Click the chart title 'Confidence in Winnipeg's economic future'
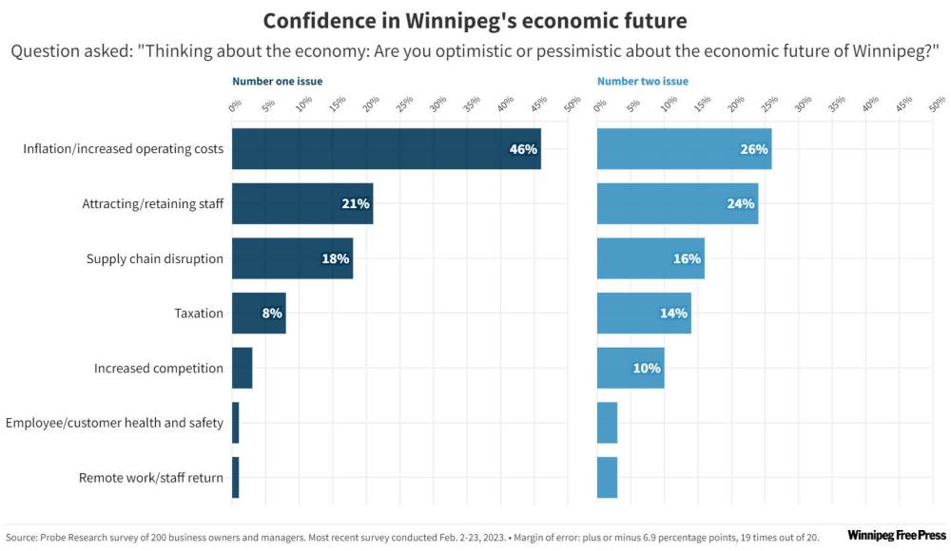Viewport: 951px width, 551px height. pyautogui.click(x=475, y=20)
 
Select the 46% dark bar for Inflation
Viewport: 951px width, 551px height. pyautogui.click(x=386, y=149)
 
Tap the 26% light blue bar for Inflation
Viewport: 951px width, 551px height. pyautogui.click(x=684, y=149)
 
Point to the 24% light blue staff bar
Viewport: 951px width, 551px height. pyautogui.click(x=677, y=204)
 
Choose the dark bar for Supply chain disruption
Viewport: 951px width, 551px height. pyautogui.click(x=292, y=258)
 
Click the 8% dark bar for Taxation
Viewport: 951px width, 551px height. pyautogui.click(x=259, y=313)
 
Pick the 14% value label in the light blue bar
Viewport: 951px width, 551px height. pyautogui.click(x=673, y=313)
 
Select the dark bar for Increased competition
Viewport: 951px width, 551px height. pyautogui.click(x=243, y=369)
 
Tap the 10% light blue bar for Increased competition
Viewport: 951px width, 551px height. pyautogui.click(x=631, y=369)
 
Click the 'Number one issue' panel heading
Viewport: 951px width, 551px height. pyautogui.click(x=278, y=82)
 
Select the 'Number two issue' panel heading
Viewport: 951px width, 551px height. pyautogui.click(x=643, y=82)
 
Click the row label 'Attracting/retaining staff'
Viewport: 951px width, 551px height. pyautogui.click(x=152, y=204)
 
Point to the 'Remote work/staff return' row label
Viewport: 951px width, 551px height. pyautogui.click(x=151, y=478)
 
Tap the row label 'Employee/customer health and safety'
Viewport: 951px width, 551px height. pyautogui.click(x=115, y=423)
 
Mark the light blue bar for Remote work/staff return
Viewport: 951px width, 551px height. pyautogui.click(x=608, y=478)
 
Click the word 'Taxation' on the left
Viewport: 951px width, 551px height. pyautogui.click(x=199, y=313)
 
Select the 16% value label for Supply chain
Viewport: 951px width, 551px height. pyautogui.click(x=687, y=258)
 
